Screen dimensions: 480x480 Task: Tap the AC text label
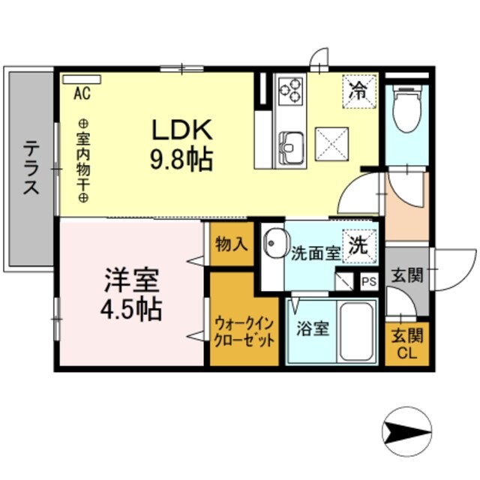tap(82, 94)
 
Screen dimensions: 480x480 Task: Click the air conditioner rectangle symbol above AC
tap(81, 79)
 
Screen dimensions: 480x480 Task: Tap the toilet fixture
tap(406, 110)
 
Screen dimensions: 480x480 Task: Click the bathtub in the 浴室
tap(357, 332)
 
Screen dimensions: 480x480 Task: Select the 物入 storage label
tap(231, 244)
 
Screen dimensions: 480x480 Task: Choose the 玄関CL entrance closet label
tap(406, 344)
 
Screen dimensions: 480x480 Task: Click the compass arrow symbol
tap(405, 433)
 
